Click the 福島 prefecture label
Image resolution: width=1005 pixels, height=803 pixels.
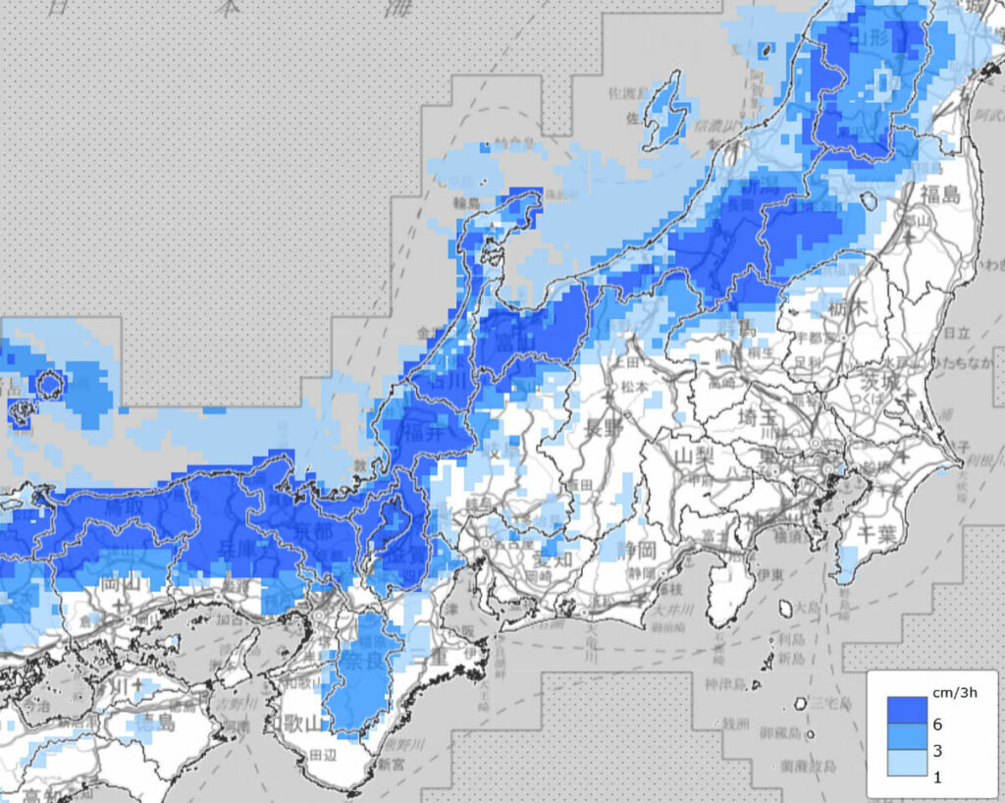(940, 193)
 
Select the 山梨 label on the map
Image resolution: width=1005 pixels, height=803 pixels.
(694, 457)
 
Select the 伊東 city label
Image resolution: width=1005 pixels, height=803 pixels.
(768, 572)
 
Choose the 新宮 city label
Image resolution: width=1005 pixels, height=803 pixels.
(392, 763)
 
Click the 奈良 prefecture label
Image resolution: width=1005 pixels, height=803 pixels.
(361, 661)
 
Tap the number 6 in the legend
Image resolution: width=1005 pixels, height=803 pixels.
(937, 724)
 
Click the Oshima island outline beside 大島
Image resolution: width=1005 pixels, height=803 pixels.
(785, 609)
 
